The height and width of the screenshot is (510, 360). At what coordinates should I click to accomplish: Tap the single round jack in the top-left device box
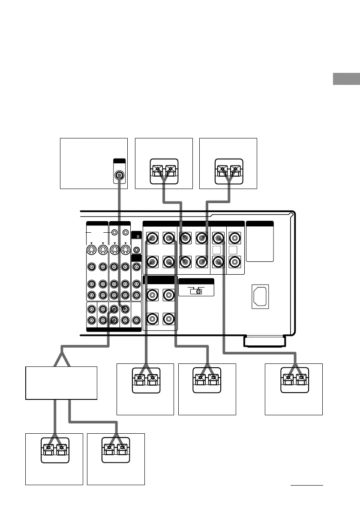[120, 174]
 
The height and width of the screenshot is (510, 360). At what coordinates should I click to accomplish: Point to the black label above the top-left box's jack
[120, 162]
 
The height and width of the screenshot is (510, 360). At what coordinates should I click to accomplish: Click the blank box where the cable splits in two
[61, 383]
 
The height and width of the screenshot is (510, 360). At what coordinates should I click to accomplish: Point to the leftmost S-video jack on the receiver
[91, 251]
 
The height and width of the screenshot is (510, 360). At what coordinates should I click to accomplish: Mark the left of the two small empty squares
[218, 250]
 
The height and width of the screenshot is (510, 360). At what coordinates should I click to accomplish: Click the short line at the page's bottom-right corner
[306, 486]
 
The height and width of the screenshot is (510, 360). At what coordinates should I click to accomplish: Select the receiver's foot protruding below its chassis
[264, 342]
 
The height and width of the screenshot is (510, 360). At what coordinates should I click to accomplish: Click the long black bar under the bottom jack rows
[114, 330]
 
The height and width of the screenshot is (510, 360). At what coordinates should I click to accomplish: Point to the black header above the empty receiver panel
[260, 223]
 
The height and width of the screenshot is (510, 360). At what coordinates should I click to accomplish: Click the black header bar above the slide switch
[196, 281]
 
